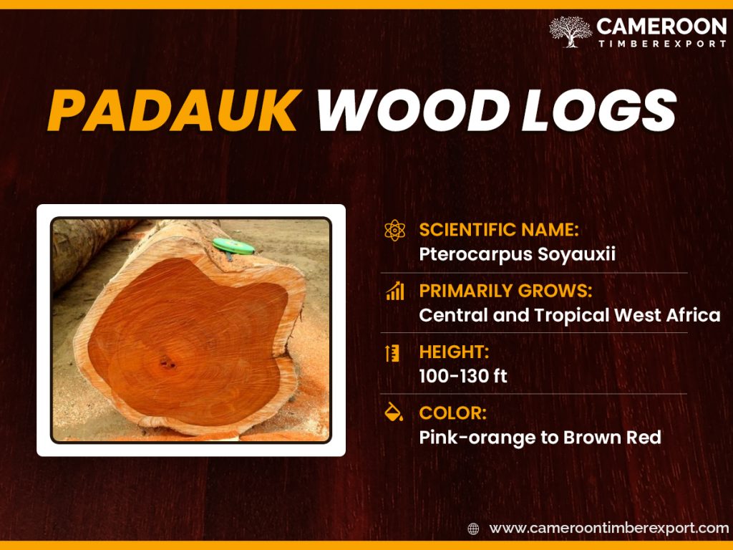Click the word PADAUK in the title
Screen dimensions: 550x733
pos(173,111)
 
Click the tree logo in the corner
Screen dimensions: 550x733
pos(571,32)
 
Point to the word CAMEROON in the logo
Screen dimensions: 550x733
pos(661,27)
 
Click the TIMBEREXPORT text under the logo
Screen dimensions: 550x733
pos(661,44)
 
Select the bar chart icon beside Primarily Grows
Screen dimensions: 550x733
pos(394,291)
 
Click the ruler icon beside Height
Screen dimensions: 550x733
pos(393,353)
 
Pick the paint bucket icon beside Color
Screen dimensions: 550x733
pos(394,413)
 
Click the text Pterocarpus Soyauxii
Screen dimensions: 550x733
pos(517,255)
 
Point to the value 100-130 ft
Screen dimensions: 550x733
pos(463,376)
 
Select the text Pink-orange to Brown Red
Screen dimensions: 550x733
pos(540,437)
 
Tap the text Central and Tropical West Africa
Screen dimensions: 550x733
pos(569,315)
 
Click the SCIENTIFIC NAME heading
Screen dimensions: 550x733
pos(498,230)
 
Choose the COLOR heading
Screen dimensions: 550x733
pos(453,413)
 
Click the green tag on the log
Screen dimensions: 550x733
pos(233,246)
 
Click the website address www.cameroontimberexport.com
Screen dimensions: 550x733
pos(608,529)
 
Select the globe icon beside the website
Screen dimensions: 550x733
pos(473,529)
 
